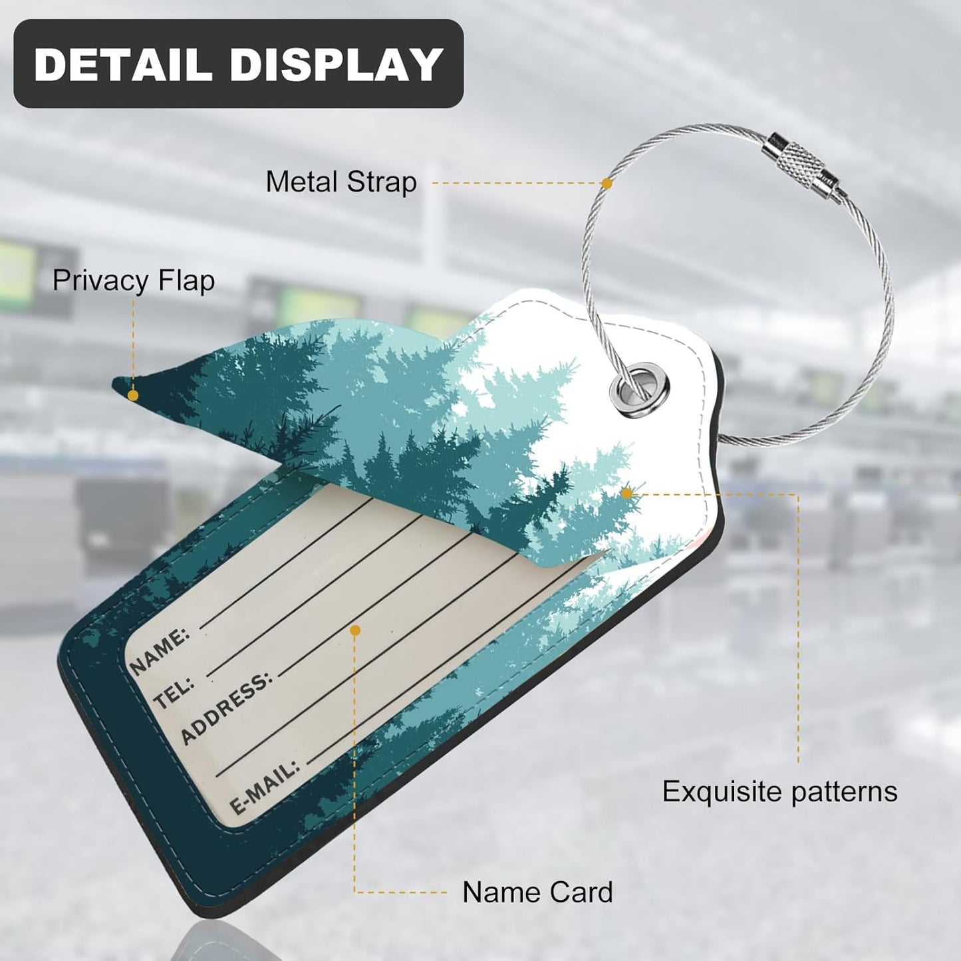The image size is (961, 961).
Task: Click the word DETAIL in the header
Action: point(122,64)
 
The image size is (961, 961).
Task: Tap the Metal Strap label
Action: point(341,182)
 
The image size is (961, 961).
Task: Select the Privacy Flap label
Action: point(134,280)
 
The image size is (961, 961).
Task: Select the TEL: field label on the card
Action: point(174,693)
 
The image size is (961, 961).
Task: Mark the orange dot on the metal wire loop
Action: point(607,183)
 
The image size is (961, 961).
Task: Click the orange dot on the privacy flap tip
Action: point(132,396)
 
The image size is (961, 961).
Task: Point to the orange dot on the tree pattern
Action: point(627,493)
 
